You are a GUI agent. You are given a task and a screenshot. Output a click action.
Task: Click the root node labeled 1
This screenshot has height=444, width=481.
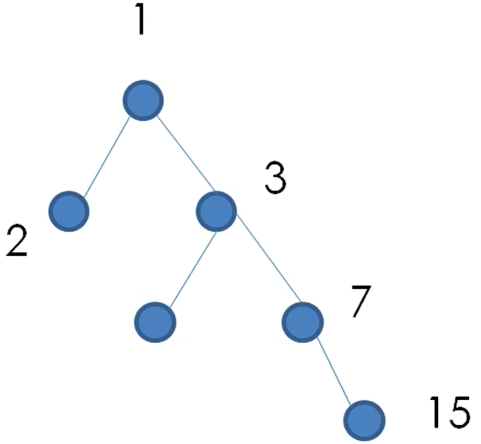click(x=143, y=100)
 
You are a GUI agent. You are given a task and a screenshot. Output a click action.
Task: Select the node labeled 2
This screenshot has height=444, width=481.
click(x=69, y=211)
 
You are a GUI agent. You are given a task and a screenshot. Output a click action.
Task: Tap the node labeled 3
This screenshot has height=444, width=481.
click(x=216, y=211)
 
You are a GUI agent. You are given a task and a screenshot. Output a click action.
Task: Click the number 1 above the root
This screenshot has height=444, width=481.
click(x=141, y=20)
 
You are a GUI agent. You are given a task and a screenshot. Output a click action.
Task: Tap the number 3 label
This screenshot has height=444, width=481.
click(x=275, y=180)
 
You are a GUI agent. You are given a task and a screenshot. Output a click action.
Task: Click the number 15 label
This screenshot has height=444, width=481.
click(x=449, y=412)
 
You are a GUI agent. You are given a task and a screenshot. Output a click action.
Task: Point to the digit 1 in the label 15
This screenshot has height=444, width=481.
click(x=436, y=412)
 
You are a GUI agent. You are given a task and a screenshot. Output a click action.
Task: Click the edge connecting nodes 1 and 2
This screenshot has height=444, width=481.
click(x=107, y=155)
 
